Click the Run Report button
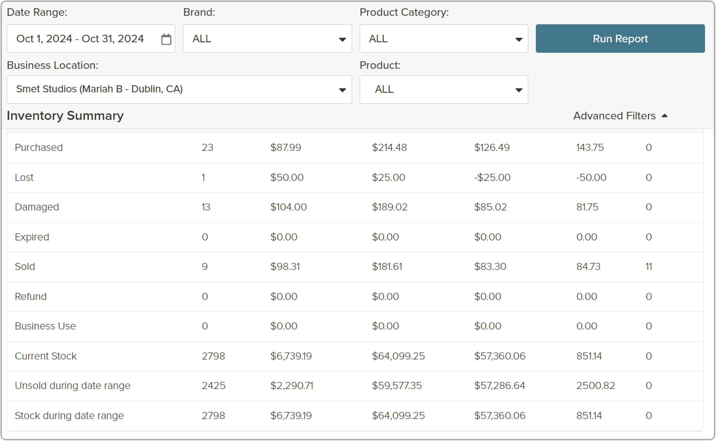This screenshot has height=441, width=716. click(x=620, y=39)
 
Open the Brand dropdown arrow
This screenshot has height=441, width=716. click(x=342, y=39)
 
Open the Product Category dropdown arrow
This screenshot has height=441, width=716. click(x=519, y=39)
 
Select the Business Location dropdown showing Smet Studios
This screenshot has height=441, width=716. click(x=179, y=90)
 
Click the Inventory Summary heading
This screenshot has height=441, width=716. click(x=65, y=116)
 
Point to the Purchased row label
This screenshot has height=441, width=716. click(x=39, y=148)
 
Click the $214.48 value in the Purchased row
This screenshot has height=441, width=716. click(x=389, y=148)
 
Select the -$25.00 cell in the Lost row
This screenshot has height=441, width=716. click(x=492, y=177)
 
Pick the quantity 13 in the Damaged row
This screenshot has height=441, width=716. click(x=206, y=207)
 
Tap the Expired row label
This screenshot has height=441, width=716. click(x=32, y=237)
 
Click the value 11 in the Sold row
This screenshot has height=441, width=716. click(x=649, y=267)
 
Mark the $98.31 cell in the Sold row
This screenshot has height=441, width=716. click(x=285, y=267)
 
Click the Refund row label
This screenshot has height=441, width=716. click(x=31, y=296)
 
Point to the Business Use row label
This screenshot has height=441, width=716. click(x=45, y=326)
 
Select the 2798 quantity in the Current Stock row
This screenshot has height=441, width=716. click(x=213, y=356)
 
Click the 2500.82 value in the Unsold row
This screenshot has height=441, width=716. click(x=596, y=385)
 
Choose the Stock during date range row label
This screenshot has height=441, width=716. click(x=69, y=416)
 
